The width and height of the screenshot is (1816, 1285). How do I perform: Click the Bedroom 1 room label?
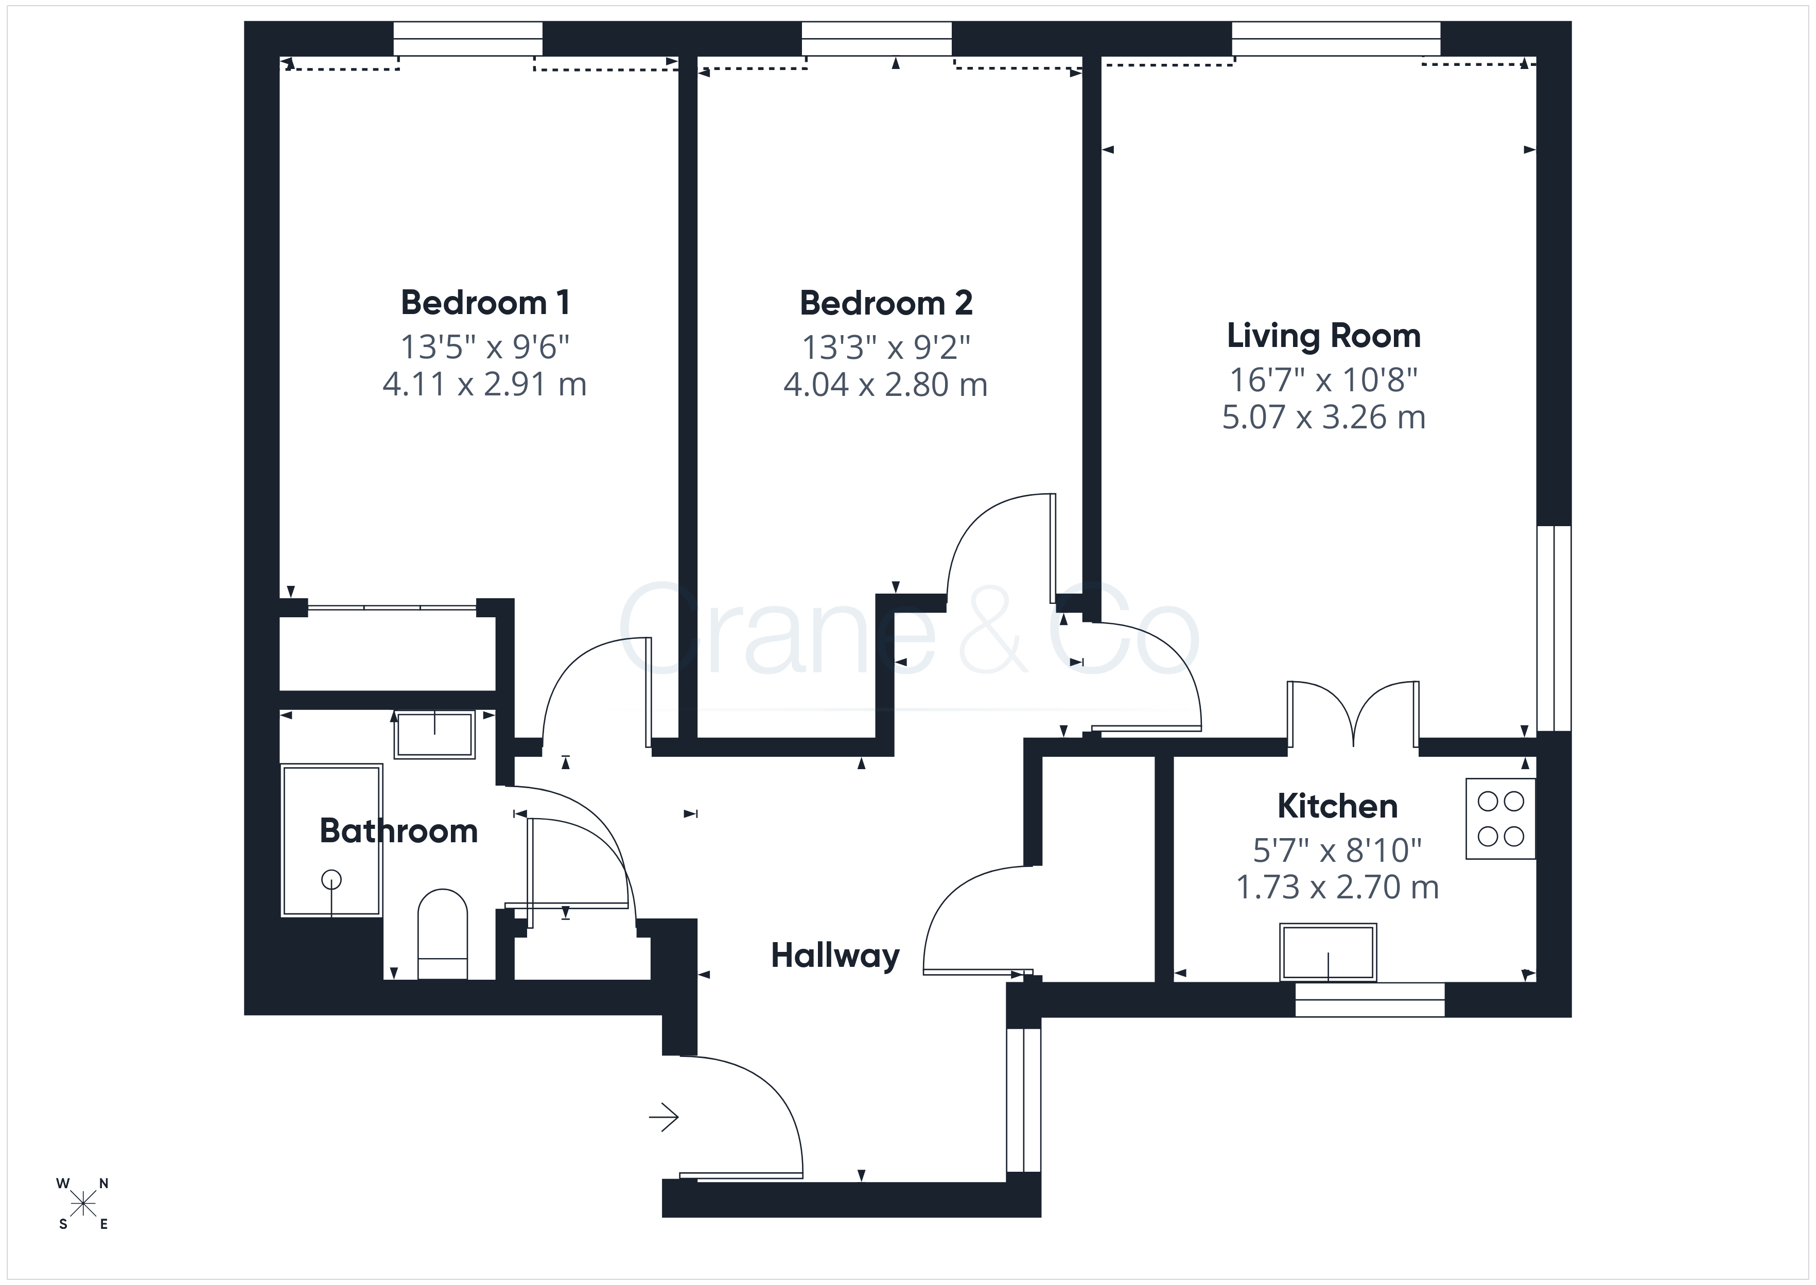(x=485, y=302)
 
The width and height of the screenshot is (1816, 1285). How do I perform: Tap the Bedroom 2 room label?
(x=886, y=303)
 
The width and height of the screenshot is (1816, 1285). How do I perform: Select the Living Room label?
(x=1323, y=336)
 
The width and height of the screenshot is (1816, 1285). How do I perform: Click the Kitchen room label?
(x=1337, y=806)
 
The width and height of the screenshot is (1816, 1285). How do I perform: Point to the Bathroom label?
(x=398, y=831)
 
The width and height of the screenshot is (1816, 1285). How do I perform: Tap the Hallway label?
(x=835, y=956)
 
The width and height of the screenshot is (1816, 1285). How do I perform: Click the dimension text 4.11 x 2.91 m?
(x=485, y=385)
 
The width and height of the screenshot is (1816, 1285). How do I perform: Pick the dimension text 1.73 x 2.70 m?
(x=1337, y=887)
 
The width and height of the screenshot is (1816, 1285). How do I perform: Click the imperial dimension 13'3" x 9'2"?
(x=886, y=346)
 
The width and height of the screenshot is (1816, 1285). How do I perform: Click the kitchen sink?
(x=1328, y=952)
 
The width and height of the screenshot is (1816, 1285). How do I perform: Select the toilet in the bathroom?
(x=442, y=934)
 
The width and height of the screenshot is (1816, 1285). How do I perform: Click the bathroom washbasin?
(x=434, y=735)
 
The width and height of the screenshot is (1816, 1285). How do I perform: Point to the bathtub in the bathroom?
(x=332, y=840)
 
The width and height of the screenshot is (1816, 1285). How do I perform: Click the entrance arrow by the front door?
(x=663, y=1117)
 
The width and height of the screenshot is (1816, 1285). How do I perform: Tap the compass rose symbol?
(x=82, y=1204)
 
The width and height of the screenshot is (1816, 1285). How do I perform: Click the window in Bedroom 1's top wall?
(x=468, y=39)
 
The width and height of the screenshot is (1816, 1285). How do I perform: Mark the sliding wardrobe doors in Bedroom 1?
(x=392, y=607)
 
